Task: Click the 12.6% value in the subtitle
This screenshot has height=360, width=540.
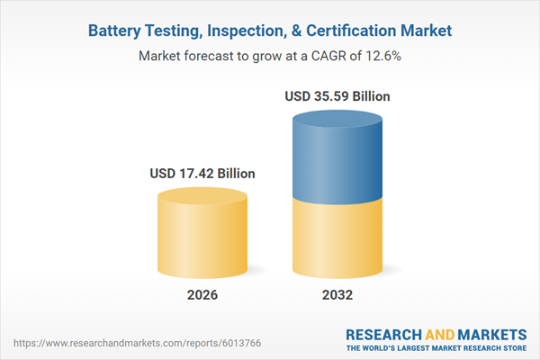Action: pyautogui.click(x=382, y=56)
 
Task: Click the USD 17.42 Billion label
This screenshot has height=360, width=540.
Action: pyautogui.click(x=202, y=174)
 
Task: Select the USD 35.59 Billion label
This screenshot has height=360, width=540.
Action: pyautogui.click(x=337, y=96)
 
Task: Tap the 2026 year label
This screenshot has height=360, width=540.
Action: pyautogui.click(x=202, y=295)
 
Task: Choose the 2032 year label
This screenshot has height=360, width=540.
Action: pyautogui.click(x=337, y=295)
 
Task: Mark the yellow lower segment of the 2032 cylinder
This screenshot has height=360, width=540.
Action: pyautogui.click(x=337, y=238)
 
